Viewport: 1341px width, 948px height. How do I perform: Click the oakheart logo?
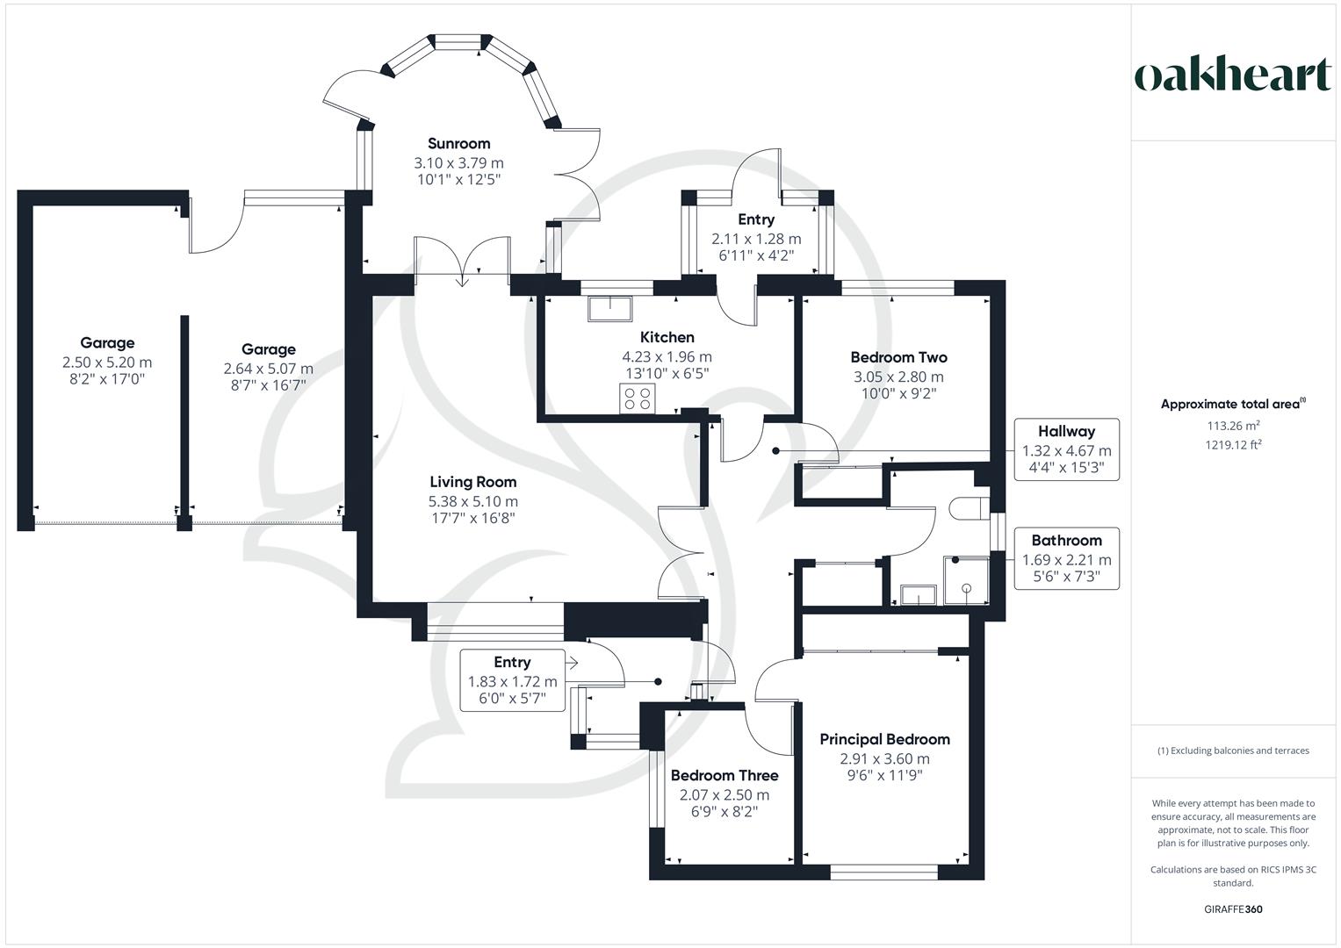[1233, 76]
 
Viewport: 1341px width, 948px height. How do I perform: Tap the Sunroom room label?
[458, 143]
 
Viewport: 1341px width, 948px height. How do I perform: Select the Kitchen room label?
[667, 337]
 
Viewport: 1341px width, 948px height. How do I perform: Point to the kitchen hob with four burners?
[638, 399]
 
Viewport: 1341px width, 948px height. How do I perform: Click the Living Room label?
[472, 482]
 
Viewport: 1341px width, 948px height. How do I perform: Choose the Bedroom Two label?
[898, 357]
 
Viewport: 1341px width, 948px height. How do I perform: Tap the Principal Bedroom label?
[884, 739]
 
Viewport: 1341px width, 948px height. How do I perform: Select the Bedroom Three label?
[724, 776]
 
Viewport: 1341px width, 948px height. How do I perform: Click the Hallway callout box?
[1066, 449]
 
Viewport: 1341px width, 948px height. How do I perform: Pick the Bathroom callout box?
[1066, 558]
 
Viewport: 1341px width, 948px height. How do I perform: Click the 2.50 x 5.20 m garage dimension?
[107, 362]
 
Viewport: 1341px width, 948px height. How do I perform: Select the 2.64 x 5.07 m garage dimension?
[268, 369]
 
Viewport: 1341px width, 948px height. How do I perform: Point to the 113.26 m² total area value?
[1233, 426]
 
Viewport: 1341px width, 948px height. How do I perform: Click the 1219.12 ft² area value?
[1233, 445]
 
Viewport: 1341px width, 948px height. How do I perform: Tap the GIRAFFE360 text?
[1233, 909]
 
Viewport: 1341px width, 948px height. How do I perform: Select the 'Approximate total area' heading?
[1231, 405]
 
